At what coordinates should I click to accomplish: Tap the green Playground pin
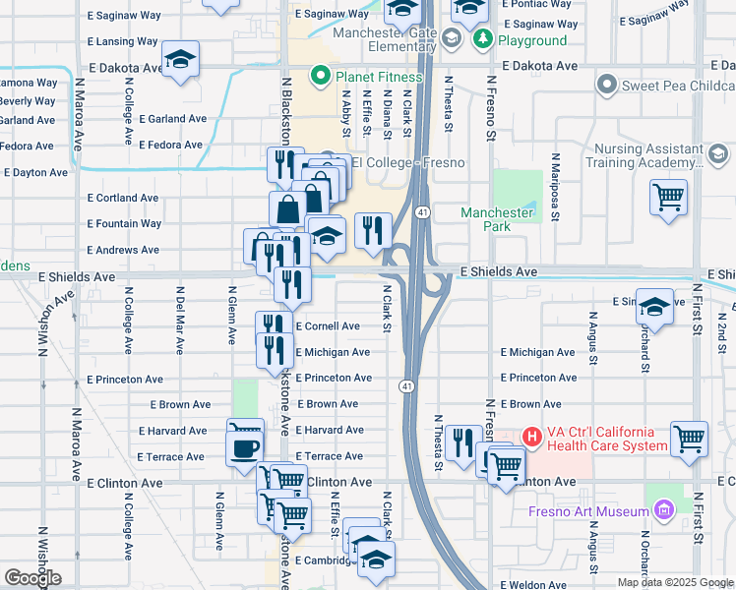point(482,39)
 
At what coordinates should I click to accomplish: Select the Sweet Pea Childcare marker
point(605,86)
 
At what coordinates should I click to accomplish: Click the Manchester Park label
point(498,219)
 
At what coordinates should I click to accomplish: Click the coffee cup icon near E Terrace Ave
point(244,448)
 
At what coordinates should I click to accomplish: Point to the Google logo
point(32,579)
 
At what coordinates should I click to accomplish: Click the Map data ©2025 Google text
point(675,582)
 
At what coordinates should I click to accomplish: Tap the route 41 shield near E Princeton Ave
point(406,387)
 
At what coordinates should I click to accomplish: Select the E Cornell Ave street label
point(328,326)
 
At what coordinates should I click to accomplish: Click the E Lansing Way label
point(123,42)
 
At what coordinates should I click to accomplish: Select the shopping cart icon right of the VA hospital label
point(689,439)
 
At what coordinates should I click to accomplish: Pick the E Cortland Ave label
point(123,198)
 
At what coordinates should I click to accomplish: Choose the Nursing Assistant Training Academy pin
point(717,154)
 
